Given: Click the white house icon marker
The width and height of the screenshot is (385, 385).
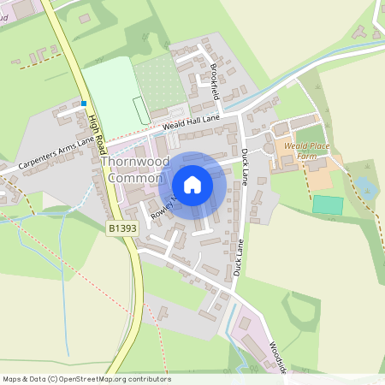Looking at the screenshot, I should (192, 185).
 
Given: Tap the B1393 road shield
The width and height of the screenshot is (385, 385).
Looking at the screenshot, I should (122, 230).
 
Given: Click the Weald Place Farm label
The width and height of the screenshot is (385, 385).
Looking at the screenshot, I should (307, 151).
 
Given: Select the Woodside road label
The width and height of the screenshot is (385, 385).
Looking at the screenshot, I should (275, 358).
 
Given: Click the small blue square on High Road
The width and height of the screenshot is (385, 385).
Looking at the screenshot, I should (85, 104).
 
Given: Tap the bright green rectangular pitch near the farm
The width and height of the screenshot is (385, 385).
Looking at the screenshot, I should (327, 205).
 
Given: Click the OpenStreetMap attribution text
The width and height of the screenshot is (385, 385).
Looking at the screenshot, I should (86, 378).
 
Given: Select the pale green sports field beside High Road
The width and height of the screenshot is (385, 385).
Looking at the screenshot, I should (111, 97).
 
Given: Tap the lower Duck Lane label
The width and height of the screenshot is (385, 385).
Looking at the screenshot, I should (240, 257).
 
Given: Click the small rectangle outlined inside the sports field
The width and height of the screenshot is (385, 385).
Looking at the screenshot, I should (139, 110).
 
